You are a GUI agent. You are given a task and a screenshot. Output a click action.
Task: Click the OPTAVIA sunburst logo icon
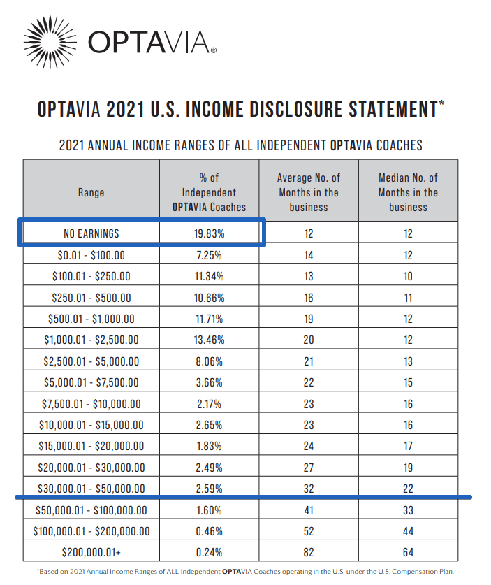[x=50, y=42]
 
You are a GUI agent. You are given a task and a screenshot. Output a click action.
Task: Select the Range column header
[x=91, y=192]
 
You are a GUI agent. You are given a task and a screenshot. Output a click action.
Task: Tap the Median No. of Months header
[x=408, y=192]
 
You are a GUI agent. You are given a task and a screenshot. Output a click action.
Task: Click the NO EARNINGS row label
[x=91, y=234]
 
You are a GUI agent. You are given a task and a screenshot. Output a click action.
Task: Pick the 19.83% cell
[x=209, y=234]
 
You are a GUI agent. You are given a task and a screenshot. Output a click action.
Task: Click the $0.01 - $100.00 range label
[x=91, y=256]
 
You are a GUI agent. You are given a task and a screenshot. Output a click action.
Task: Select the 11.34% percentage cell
[x=209, y=277]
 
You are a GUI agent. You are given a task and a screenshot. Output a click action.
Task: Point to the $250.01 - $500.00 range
[x=91, y=298]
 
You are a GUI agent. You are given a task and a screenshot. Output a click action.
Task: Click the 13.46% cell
[x=209, y=340]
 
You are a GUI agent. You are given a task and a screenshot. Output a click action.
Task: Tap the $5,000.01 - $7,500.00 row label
[x=91, y=383]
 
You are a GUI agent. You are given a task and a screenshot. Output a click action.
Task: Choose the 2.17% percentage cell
[x=209, y=404]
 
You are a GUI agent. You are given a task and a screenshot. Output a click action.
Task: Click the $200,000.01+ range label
[x=91, y=553]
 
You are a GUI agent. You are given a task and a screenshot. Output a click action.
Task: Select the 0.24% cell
[x=209, y=553]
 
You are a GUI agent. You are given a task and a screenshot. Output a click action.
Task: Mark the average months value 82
[x=309, y=553]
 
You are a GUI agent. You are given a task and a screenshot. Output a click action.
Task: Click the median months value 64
[x=408, y=553]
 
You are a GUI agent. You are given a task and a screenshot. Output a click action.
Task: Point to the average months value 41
[x=309, y=510]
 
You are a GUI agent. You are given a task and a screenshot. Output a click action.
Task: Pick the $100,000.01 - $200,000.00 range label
[x=91, y=532]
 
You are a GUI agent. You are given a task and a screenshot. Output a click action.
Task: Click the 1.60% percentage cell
[x=209, y=510]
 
